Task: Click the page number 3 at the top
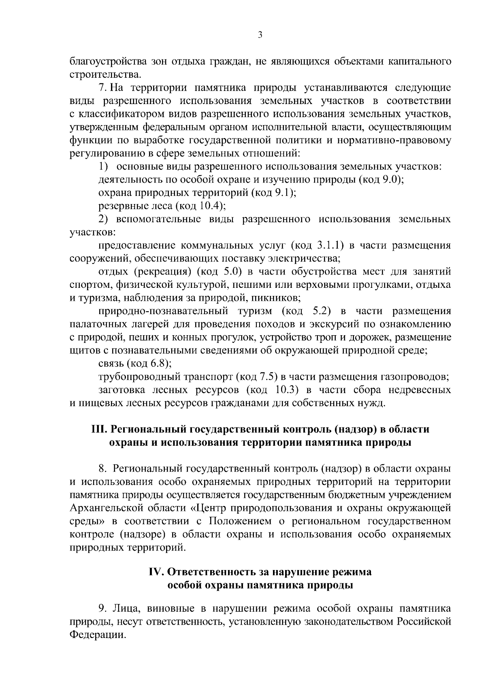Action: click(x=260, y=36)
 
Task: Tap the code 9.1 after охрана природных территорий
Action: click(x=283, y=193)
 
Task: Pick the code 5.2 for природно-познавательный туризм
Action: click(x=322, y=311)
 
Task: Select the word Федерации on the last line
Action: click(x=96, y=635)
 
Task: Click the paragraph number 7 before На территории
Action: click(x=101, y=87)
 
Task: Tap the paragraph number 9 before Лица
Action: click(x=102, y=608)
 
